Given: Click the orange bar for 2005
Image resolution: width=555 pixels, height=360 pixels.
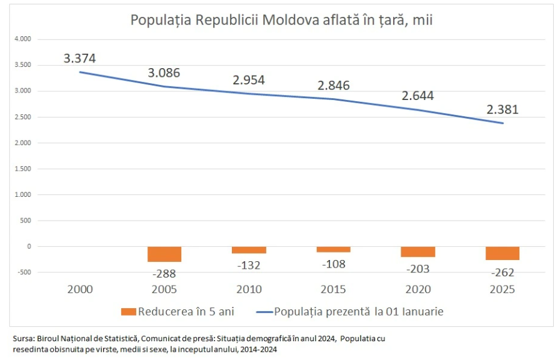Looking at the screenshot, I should pos(164,254).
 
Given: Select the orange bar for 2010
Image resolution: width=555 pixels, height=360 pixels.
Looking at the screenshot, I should pos(249,250).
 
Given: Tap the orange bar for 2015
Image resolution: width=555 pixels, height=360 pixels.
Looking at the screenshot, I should pos(334,249).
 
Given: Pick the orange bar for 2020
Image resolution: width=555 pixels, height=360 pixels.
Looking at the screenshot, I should pos(418,252).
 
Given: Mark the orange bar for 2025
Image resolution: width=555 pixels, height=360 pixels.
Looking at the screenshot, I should pos(502,253).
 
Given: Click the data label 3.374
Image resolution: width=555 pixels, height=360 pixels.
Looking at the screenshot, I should pos(79,58).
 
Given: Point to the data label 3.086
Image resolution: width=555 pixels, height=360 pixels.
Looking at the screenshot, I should pos(164,72).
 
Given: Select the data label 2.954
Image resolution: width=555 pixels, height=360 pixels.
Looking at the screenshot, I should pos(249,79).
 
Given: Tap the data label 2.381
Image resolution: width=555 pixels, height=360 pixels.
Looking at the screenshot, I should pos(502,109).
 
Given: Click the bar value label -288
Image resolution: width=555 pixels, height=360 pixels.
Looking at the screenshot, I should pos(164,273).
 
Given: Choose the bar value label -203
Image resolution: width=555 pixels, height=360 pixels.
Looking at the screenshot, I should pos(418,268).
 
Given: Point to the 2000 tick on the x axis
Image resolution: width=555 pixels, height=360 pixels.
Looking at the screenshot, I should pos(79,289).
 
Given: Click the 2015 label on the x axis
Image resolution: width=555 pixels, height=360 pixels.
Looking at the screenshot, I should pos(334,289).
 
